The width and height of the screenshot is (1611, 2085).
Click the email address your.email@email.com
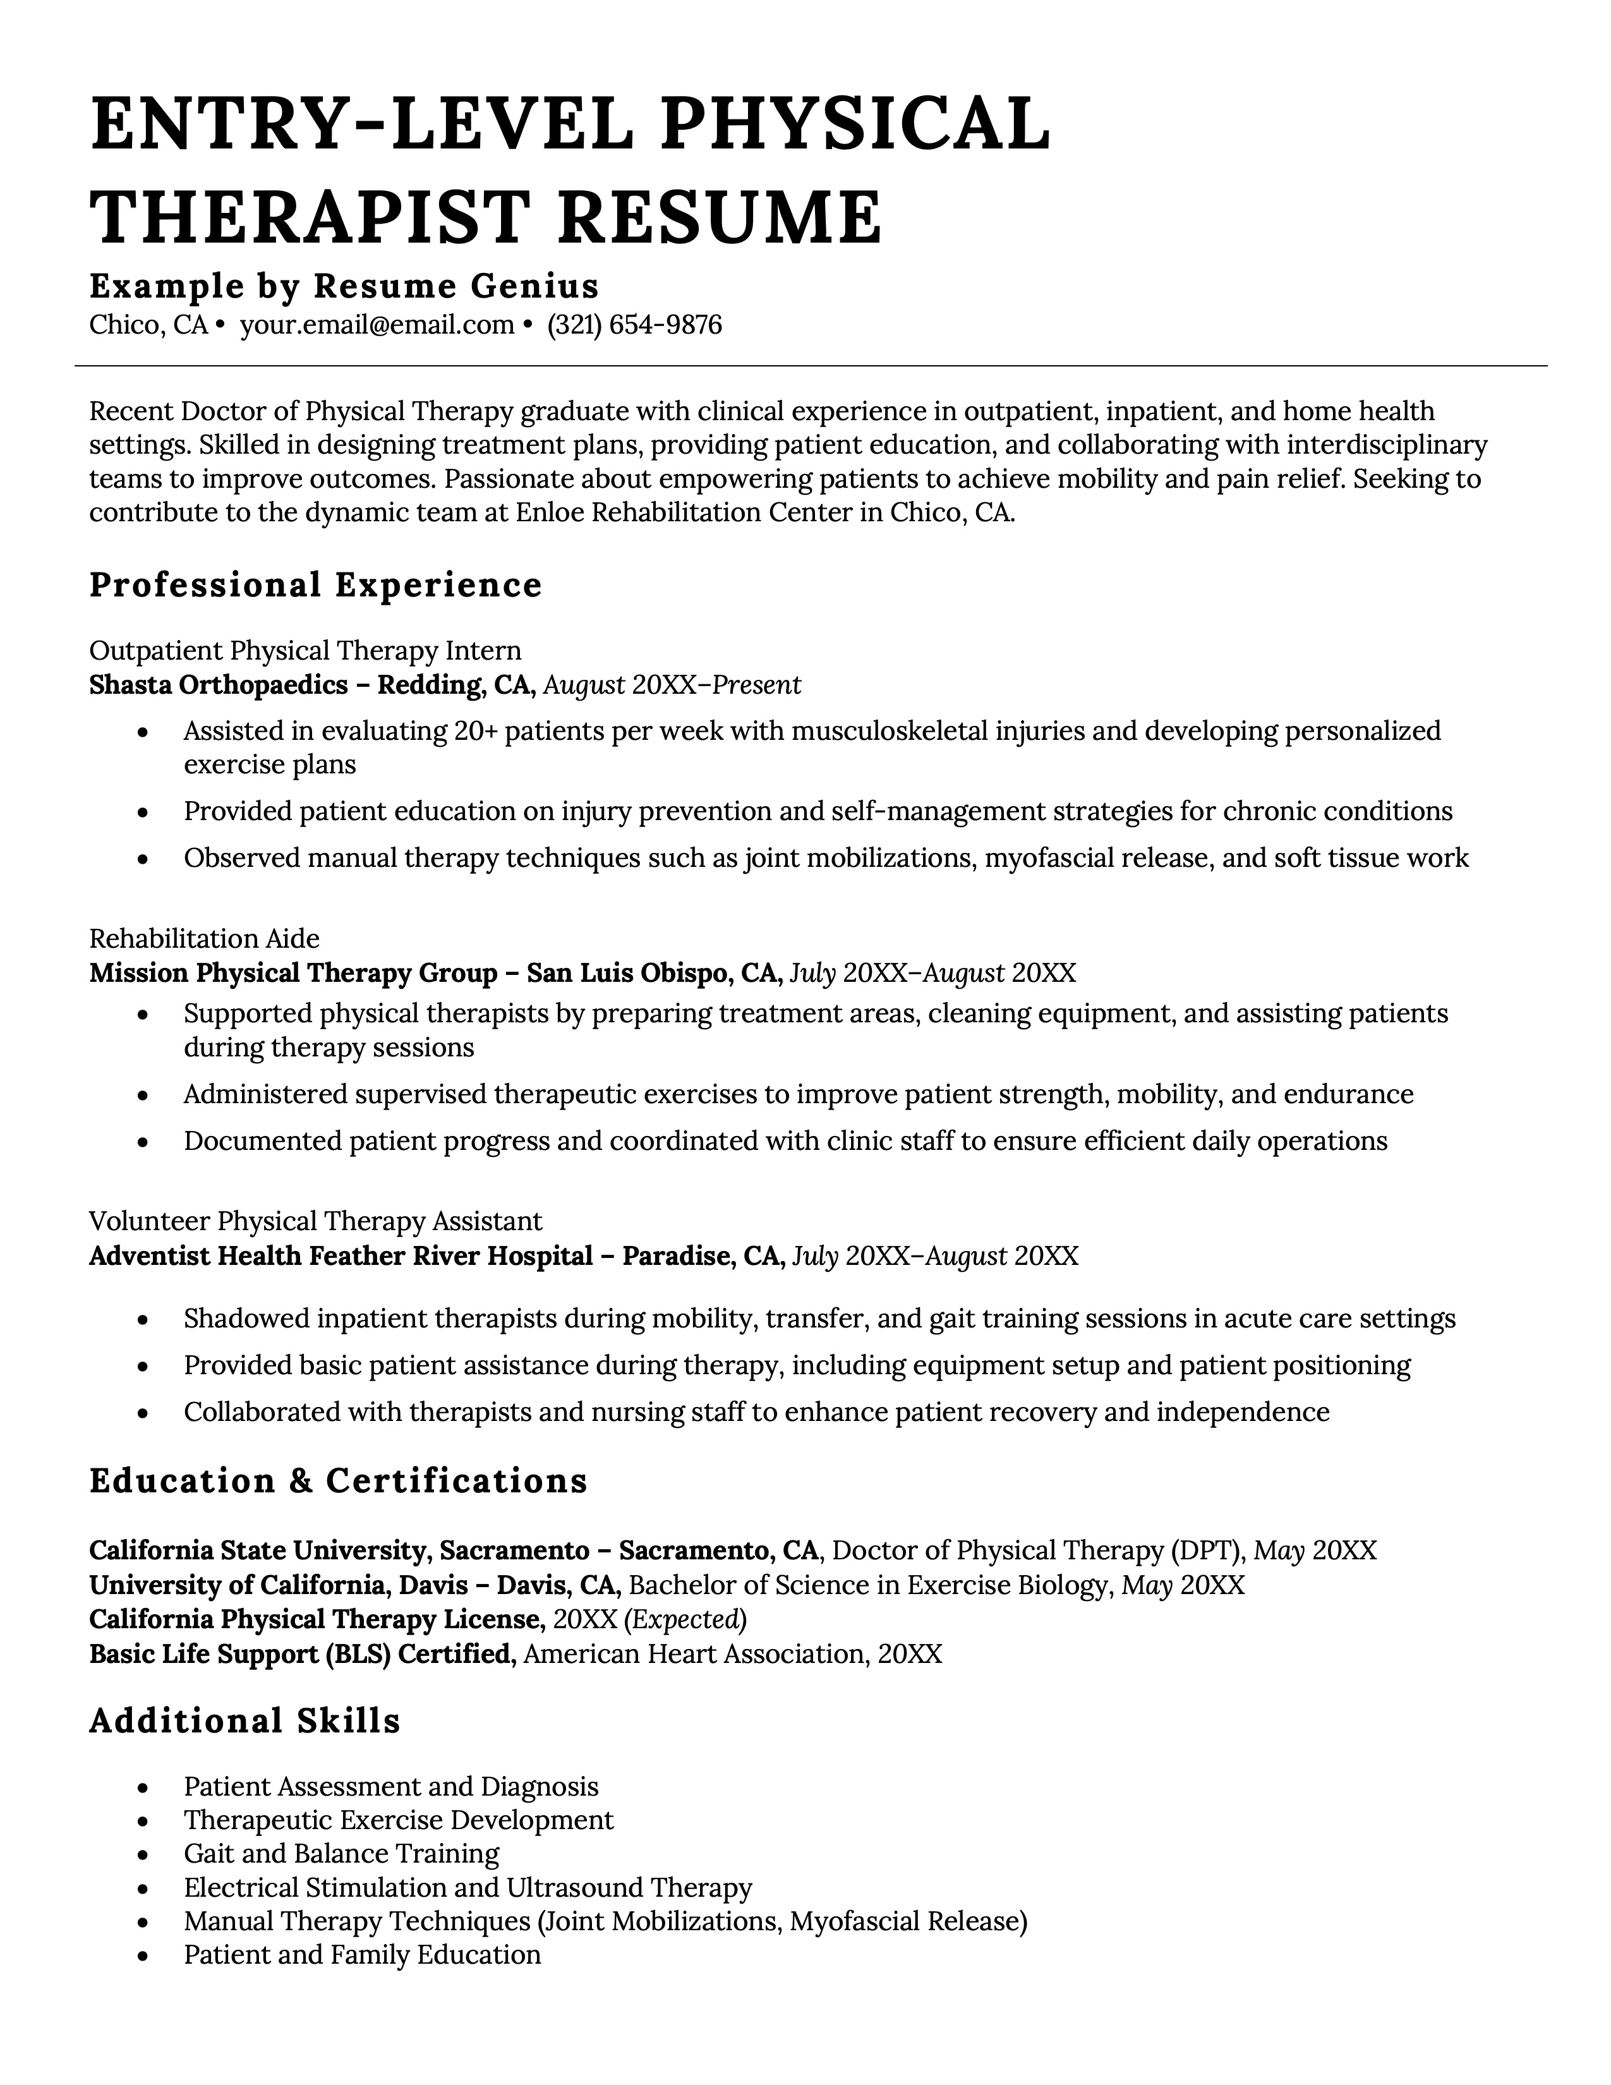(377, 325)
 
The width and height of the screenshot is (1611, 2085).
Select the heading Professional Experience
(315, 585)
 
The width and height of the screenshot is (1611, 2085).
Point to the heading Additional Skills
(244, 1720)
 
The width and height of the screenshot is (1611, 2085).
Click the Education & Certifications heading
(338, 1481)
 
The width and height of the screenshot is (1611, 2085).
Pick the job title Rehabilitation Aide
(203, 938)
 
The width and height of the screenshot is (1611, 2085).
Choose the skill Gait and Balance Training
(341, 1854)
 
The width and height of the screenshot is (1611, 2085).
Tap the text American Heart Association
(695, 1653)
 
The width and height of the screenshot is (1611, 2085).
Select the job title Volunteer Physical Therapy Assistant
(315, 1221)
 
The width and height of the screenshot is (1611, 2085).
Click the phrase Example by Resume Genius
(344, 286)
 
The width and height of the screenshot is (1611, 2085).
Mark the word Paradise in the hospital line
(677, 1255)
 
